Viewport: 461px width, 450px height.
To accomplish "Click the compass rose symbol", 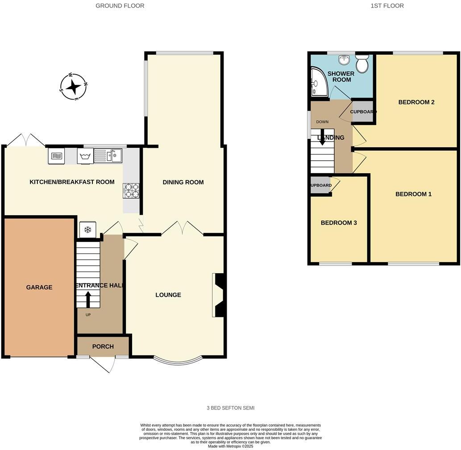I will [x=74, y=86].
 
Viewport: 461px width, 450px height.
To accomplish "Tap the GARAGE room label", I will [x=39, y=287].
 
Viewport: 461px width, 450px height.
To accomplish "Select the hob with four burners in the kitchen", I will [x=131, y=191].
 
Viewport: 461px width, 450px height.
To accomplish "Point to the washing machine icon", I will [x=85, y=156].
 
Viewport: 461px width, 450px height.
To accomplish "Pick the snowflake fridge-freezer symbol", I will [x=88, y=230].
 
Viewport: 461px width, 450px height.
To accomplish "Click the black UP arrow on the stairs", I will [x=87, y=299].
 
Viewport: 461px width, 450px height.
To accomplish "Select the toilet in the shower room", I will [x=362, y=63].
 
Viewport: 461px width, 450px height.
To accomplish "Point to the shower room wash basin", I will [x=344, y=60].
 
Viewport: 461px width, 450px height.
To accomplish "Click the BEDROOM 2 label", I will [x=416, y=102].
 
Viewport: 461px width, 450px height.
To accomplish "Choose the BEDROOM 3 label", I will [x=339, y=223].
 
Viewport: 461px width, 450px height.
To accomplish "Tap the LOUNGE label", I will [x=168, y=295].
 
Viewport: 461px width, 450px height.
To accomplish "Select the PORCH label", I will [x=103, y=346].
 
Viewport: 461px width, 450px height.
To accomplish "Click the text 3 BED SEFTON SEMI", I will [x=230, y=408].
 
